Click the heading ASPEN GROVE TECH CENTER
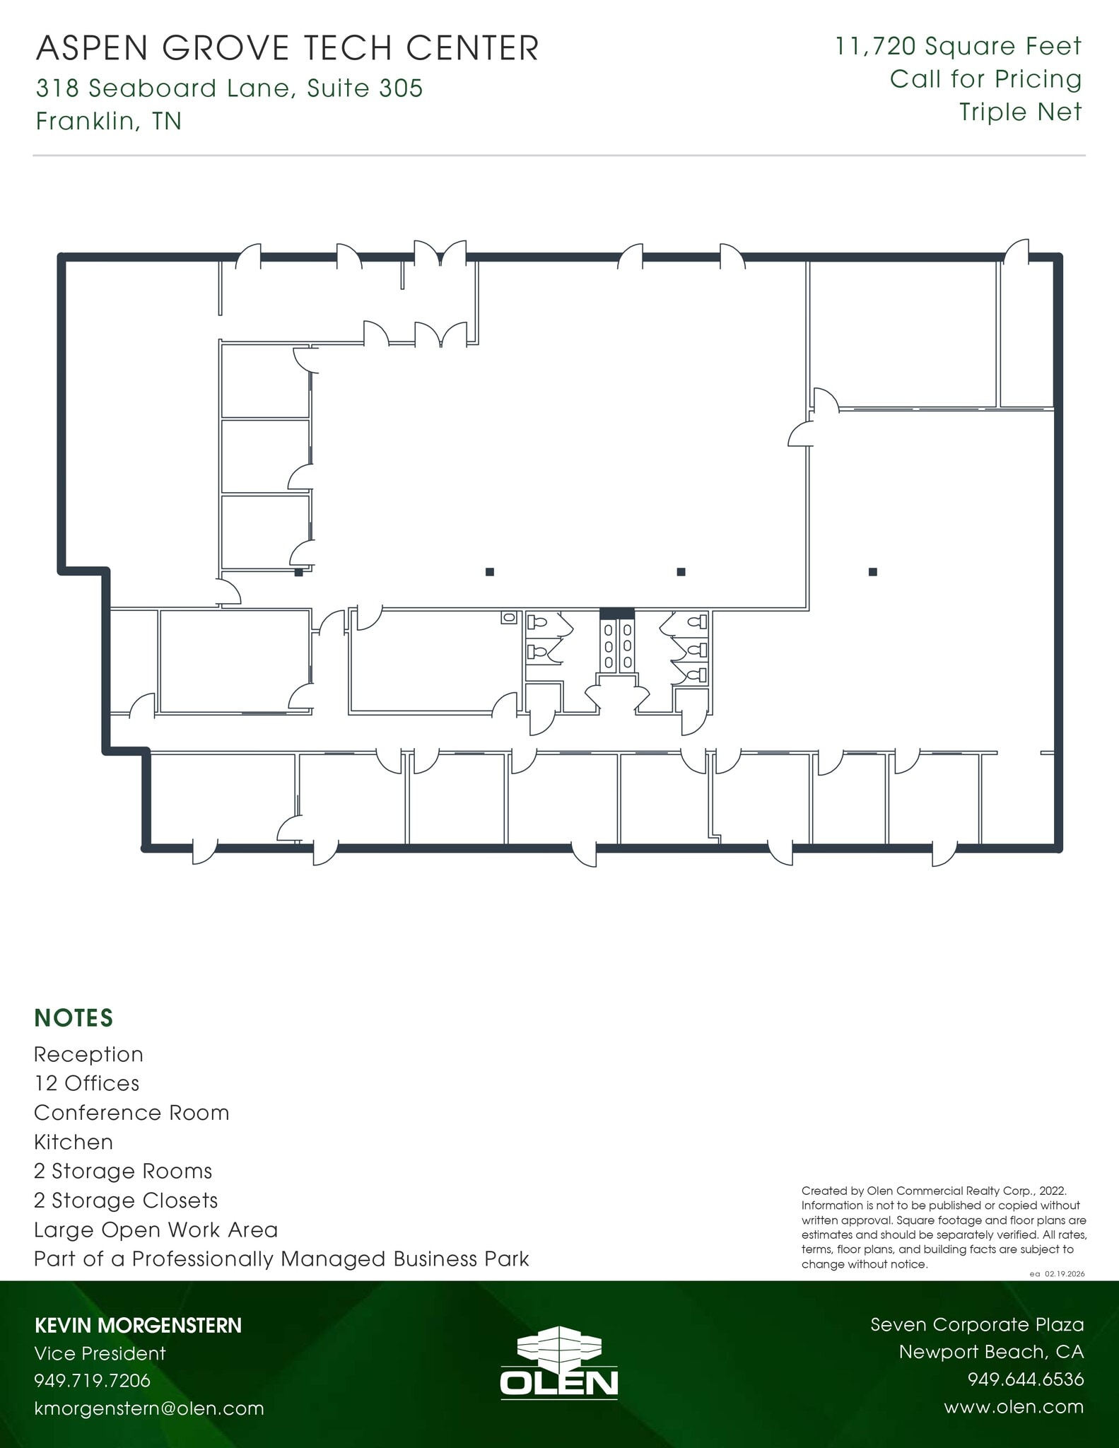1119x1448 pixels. coord(287,48)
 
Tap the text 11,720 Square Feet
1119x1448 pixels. coord(958,47)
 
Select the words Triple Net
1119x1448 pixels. coord(1019,112)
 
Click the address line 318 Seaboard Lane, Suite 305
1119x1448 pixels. coord(229,88)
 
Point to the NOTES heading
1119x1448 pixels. coord(74,1018)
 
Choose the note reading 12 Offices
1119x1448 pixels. coord(86,1083)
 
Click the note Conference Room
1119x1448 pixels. coord(131,1113)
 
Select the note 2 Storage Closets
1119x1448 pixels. coord(126,1201)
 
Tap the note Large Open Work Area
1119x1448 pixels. coord(156,1230)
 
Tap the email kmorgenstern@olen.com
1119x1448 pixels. coord(149,1408)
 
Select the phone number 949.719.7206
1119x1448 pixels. coord(92,1381)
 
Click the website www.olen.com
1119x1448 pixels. coord(1013,1407)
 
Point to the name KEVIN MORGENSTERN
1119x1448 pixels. coord(138,1326)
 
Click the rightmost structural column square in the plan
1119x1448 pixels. coord(873,572)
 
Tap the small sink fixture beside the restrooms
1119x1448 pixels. coord(508,618)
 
